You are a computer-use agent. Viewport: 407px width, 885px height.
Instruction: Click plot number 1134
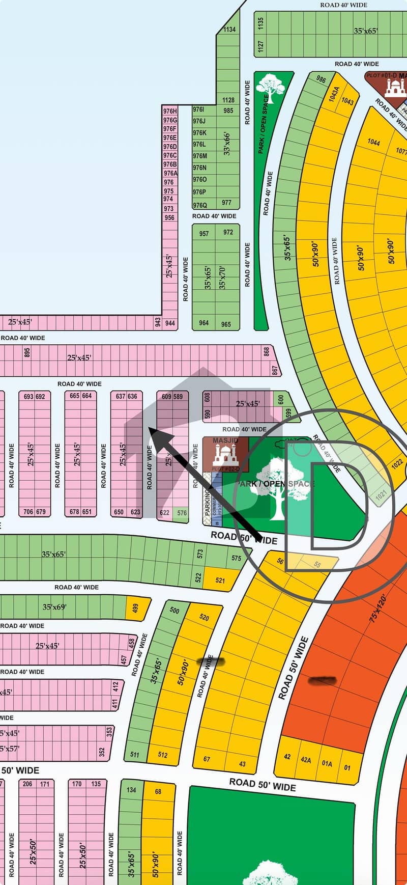click(x=229, y=30)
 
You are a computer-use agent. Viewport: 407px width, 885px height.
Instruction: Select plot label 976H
click(x=170, y=111)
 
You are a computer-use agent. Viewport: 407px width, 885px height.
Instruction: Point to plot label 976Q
click(x=199, y=205)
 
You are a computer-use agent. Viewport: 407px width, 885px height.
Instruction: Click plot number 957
click(x=204, y=234)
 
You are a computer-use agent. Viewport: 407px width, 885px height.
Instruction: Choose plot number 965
click(x=226, y=324)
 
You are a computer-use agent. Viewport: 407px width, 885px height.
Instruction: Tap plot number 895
click(x=27, y=352)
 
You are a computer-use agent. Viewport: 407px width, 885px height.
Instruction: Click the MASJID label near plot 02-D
click(x=225, y=440)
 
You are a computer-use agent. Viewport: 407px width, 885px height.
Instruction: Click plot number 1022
click(x=397, y=463)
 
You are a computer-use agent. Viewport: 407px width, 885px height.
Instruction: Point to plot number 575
click(x=236, y=558)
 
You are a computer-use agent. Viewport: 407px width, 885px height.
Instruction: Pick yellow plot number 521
click(x=220, y=580)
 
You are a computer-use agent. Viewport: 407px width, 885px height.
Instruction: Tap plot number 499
click(x=135, y=608)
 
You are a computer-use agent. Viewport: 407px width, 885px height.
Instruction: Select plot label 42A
click(x=305, y=760)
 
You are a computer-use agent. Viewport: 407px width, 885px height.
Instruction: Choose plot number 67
click(x=207, y=759)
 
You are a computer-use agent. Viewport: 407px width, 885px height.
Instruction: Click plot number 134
click(x=131, y=790)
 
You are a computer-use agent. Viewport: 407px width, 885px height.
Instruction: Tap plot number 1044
click(x=373, y=143)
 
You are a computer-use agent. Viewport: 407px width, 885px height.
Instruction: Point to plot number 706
click(x=27, y=512)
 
